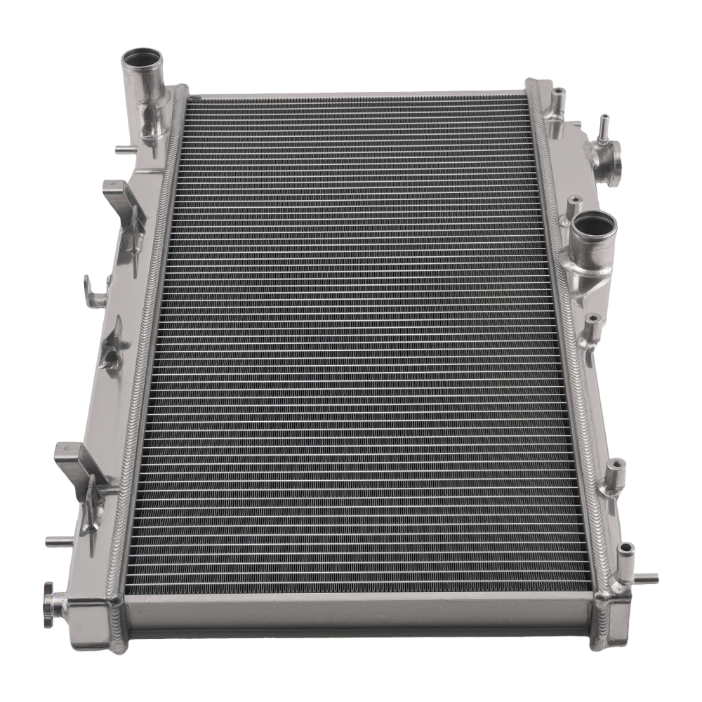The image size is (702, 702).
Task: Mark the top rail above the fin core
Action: (358, 93)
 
